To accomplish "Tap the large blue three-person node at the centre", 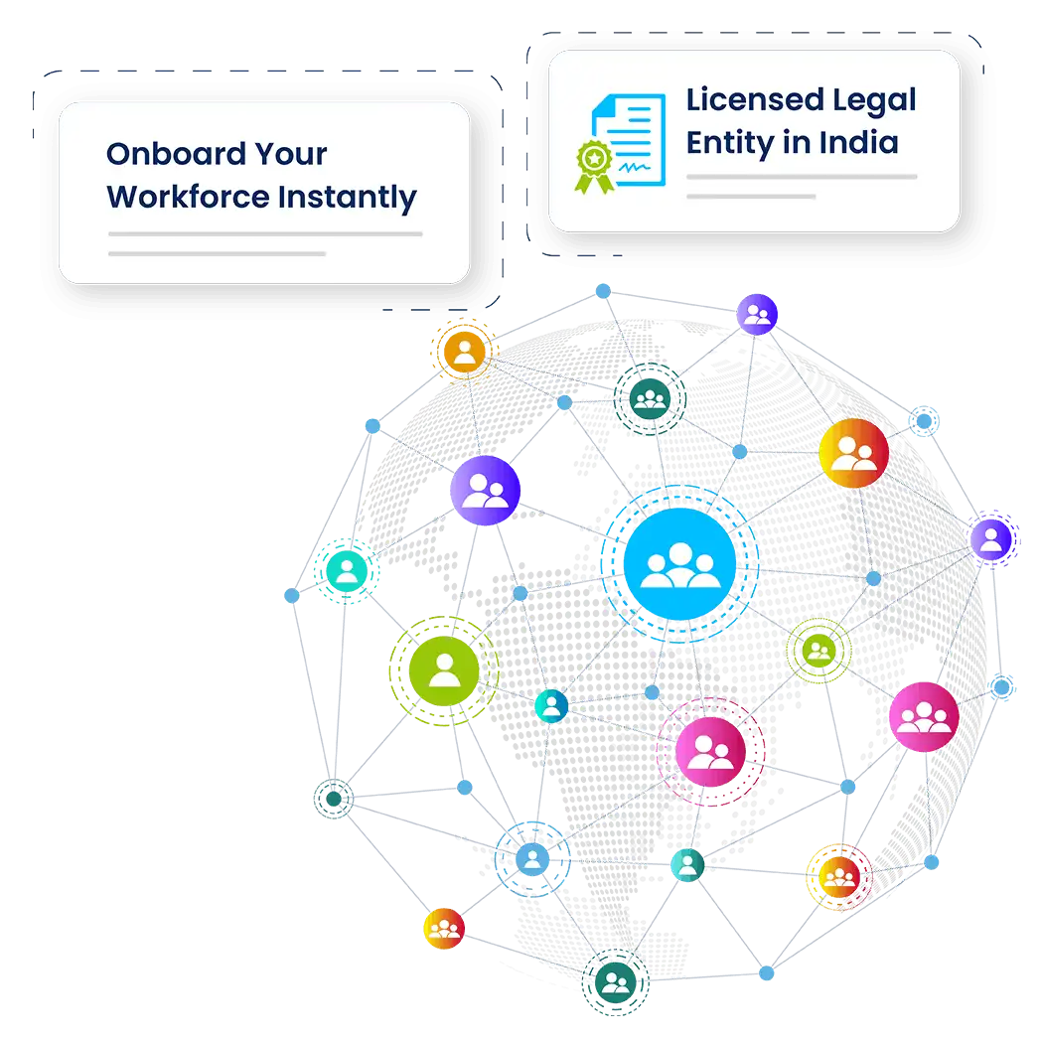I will pos(680,563).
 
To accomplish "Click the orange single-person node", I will pos(464,351).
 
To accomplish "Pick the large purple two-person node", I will pos(485,491).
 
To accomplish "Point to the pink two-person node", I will pos(710,751).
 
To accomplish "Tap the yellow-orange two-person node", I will pos(853,453).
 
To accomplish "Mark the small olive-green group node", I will pos(818,651).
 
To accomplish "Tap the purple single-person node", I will pos(989,538).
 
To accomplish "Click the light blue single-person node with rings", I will pos(532,857).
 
